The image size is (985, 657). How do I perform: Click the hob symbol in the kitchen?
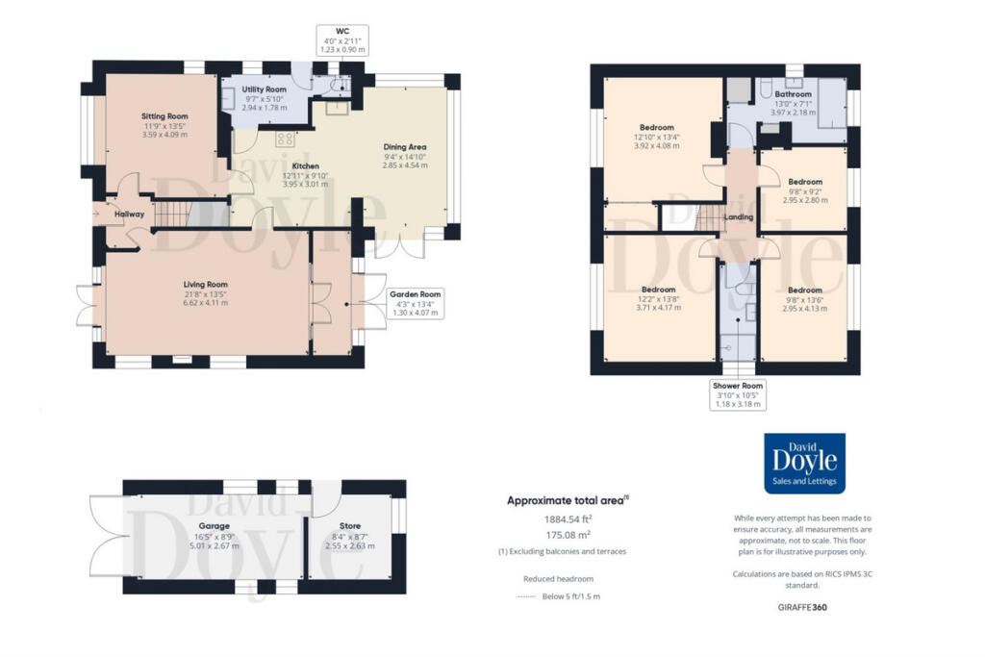coord(285,139)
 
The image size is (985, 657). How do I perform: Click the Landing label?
coord(739,217)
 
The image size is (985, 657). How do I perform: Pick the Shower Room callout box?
coord(739,394)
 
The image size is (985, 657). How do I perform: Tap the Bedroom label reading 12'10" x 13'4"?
coord(657,127)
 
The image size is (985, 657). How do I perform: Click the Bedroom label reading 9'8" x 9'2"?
coord(805,182)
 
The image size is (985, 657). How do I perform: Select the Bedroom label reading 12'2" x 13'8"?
coord(658,289)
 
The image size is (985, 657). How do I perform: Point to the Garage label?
coord(214,526)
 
